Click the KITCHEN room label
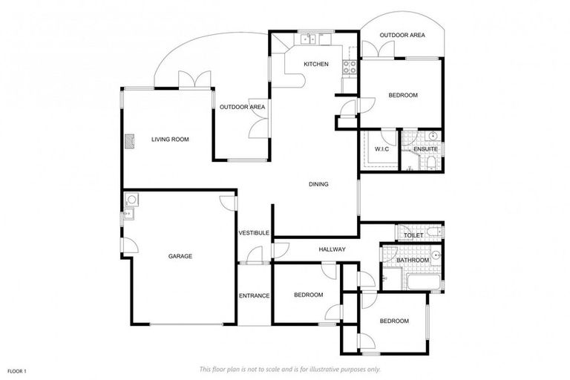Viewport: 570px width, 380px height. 316,65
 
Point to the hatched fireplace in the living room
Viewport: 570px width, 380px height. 130,141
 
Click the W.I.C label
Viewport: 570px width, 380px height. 382,149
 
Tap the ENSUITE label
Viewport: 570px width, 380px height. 425,149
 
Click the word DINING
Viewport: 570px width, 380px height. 318,184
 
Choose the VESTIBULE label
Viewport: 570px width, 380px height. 254,233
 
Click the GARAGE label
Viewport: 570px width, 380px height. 180,256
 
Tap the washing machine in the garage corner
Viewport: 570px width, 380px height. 131,200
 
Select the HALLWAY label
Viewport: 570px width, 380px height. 332,249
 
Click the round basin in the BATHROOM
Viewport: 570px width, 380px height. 436,255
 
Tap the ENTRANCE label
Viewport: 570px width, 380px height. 254,295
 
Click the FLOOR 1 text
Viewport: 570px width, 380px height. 17,370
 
